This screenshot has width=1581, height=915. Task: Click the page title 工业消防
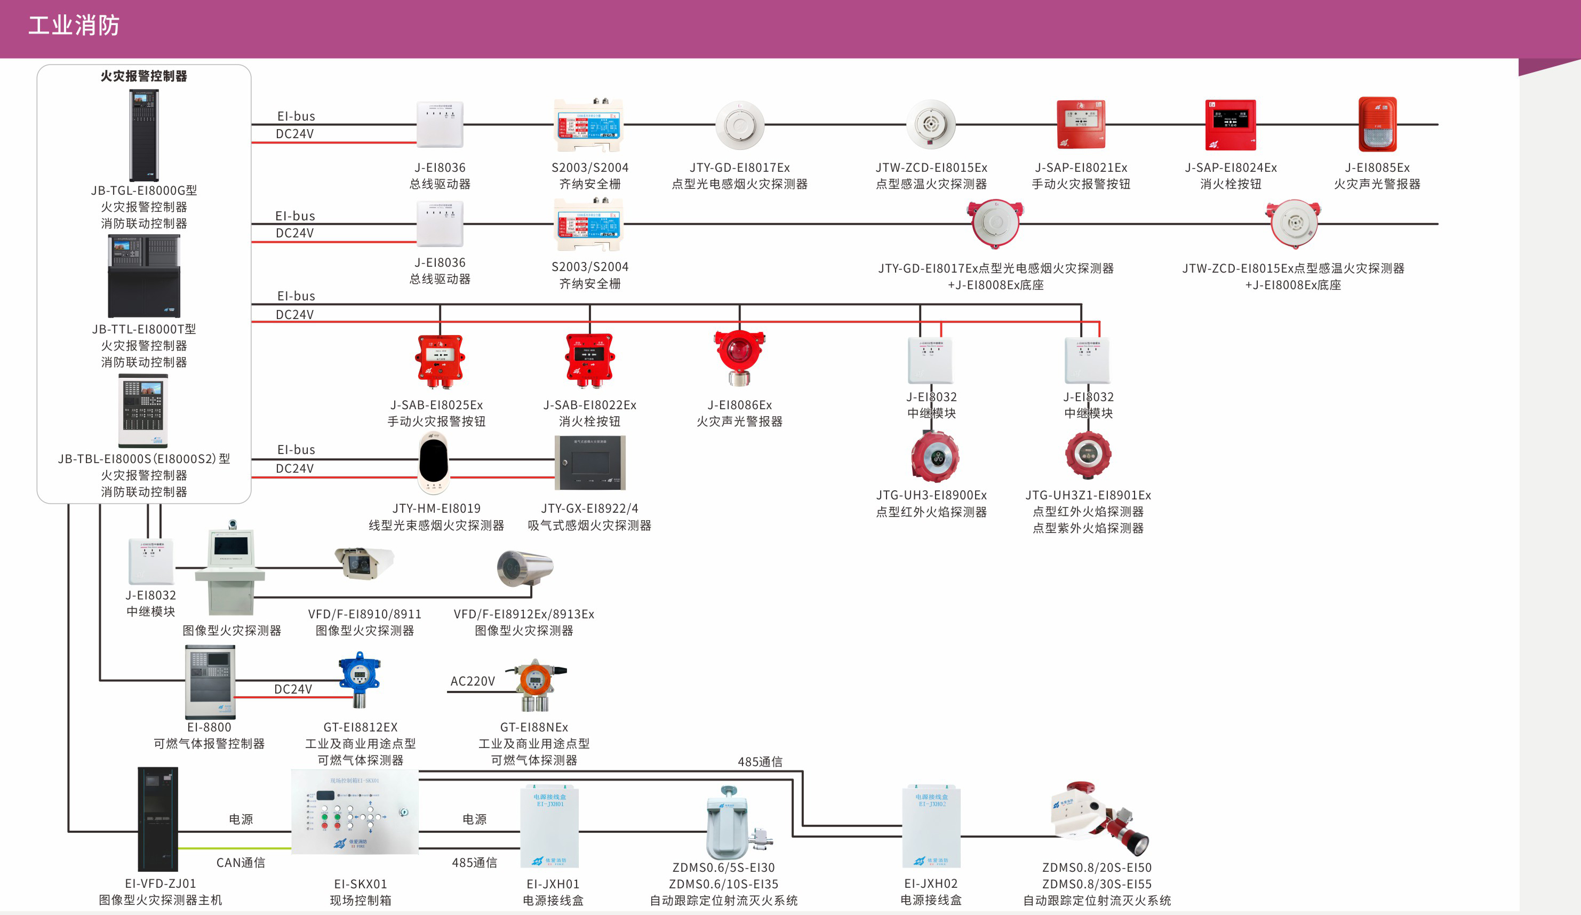pos(74,26)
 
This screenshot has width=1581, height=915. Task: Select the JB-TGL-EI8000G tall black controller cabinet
pos(143,135)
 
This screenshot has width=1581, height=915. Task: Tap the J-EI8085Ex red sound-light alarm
pos(1377,124)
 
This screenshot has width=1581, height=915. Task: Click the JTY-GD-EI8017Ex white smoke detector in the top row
pos(740,124)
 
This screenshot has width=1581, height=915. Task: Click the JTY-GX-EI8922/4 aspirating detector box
pos(590,463)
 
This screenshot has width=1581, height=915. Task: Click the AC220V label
pos(473,681)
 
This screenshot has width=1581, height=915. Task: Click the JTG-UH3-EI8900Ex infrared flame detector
pos(935,456)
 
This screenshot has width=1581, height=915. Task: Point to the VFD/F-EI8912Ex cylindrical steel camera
pos(524,569)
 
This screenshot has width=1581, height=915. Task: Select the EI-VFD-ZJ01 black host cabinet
pos(157,818)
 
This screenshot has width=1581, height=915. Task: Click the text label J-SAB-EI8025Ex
pos(437,405)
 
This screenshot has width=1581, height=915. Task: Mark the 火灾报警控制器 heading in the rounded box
pos(143,76)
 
